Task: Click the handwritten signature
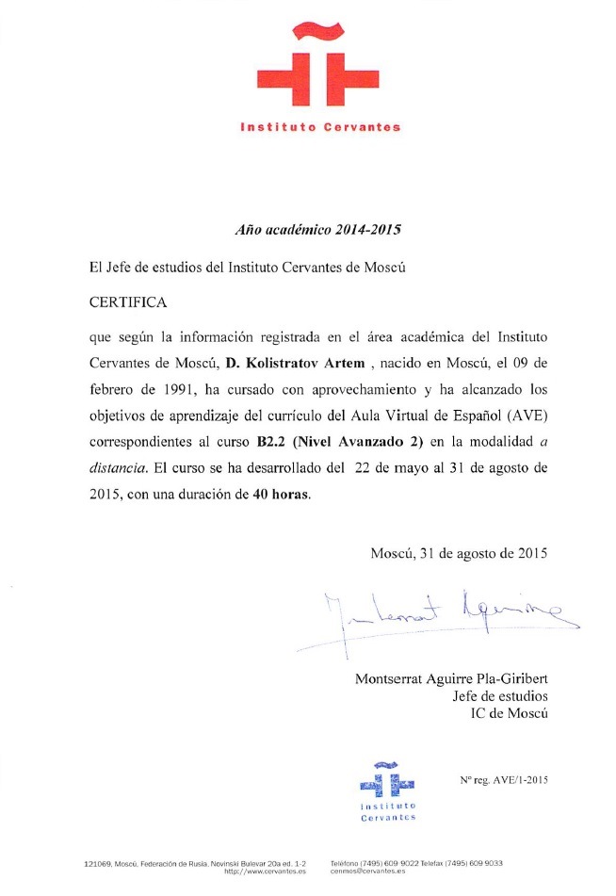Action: [443, 617]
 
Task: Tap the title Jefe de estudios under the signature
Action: [500, 696]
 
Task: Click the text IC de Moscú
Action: [509, 713]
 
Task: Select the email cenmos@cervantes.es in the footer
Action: [368, 872]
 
